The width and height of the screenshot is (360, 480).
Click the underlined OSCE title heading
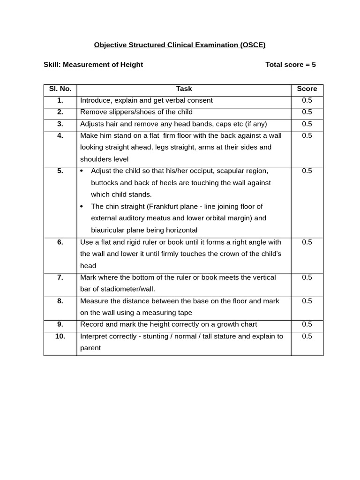[180, 45]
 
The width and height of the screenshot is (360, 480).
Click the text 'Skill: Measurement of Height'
[93, 65]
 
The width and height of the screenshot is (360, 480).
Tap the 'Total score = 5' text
[290, 65]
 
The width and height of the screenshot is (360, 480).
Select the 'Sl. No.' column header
[60, 89]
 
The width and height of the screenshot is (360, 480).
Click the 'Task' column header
[184, 89]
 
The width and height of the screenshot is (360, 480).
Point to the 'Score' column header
[307, 89]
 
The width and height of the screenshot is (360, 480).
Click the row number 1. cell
[60, 100]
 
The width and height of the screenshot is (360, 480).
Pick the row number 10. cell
[60, 336]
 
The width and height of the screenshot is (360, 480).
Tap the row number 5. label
[60, 171]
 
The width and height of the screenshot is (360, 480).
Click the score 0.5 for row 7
[307, 277]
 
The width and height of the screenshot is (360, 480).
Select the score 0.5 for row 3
[307, 124]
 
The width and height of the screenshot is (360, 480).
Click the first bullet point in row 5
[82, 171]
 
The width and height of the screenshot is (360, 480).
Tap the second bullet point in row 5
[82, 206]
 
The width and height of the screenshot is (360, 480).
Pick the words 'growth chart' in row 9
[237, 324]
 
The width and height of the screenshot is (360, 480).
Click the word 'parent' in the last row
[90, 348]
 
